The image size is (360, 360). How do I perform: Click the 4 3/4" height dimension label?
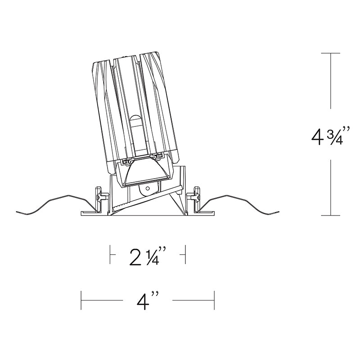point(331,135)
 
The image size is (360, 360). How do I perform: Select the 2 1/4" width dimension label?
point(148,256)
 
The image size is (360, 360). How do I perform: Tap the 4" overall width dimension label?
point(148,300)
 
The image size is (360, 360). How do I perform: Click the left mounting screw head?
point(99,197)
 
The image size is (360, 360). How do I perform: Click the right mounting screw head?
point(197,197)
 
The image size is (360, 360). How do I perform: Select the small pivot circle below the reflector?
point(148,189)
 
